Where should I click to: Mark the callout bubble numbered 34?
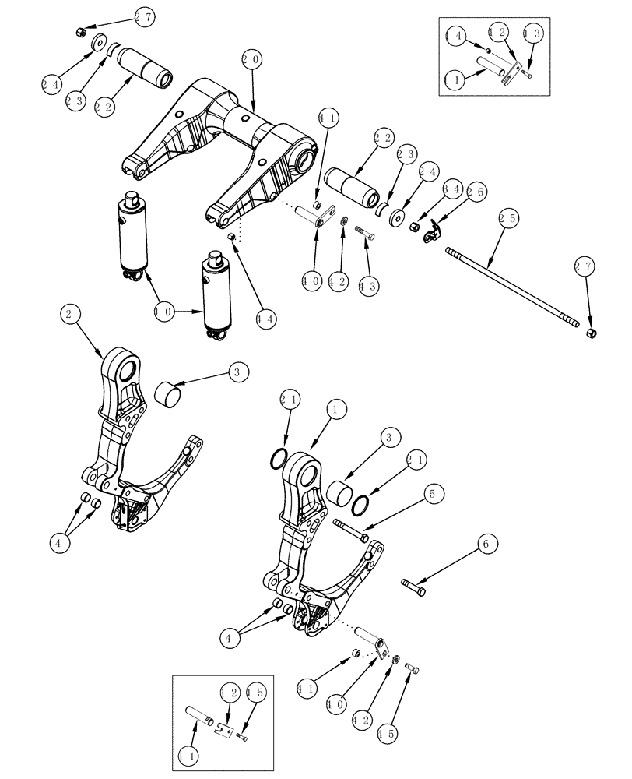click(x=427, y=190)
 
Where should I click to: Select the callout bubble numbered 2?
click(x=70, y=315)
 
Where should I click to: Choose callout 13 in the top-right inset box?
click(x=533, y=33)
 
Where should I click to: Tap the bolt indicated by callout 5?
click(x=353, y=532)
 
